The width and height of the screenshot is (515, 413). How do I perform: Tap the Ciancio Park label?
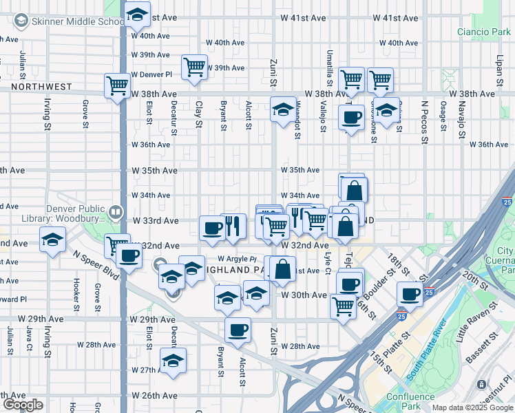pos(483,32)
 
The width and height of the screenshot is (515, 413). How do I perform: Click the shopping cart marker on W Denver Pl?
pos(195,67)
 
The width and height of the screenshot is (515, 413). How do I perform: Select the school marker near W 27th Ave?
pos(173,360)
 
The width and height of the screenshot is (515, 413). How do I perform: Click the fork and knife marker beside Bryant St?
pos(233,225)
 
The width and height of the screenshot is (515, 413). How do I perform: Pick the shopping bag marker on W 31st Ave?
pos(282,268)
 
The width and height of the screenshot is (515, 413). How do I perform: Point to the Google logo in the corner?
pos(23,404)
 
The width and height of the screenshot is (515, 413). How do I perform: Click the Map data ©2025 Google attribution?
pos(472,407)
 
